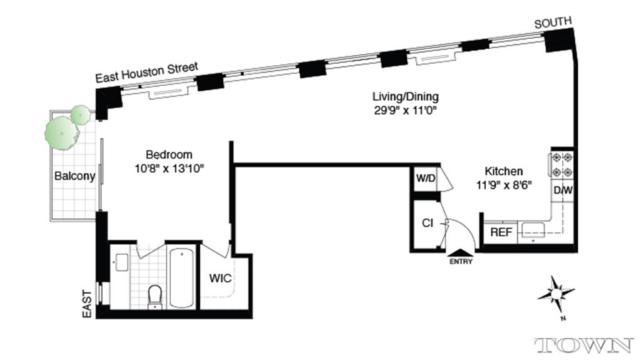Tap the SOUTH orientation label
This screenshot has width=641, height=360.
pos(553,23)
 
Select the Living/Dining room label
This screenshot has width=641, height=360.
pos(405,96)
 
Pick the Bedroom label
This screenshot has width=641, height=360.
pos(169,155)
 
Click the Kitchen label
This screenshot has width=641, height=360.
pos(504,171)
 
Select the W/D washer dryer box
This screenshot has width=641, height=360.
pos(426,178)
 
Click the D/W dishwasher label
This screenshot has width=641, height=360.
pos(561,190)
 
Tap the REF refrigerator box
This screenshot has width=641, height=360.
pos(501,232)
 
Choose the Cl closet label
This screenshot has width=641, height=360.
pos(428,223)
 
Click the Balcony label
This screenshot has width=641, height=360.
pos(74,176)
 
